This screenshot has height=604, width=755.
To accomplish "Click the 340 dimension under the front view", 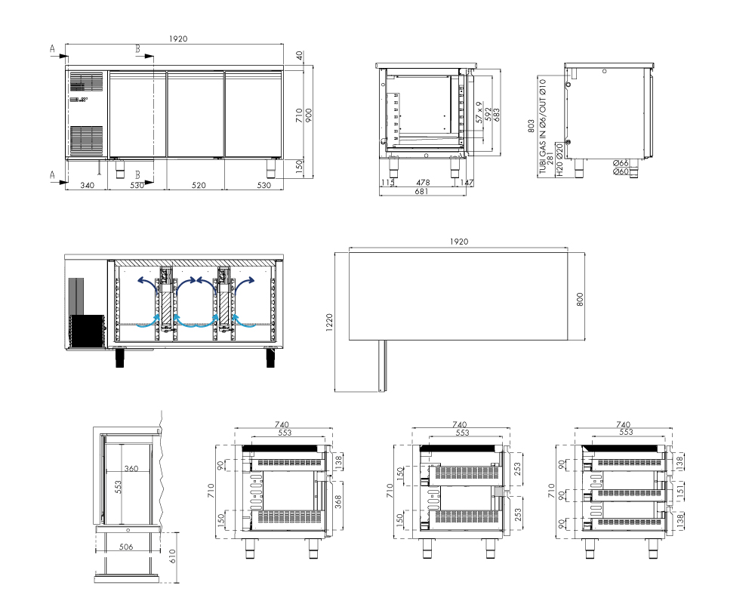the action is click(87, 185).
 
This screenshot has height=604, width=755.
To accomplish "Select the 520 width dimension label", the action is click(199, 185).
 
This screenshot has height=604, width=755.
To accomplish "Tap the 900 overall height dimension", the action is click(309, 115).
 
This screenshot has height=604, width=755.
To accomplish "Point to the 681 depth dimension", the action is click(421, 191).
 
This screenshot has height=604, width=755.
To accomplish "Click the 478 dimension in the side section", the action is click(423, 183).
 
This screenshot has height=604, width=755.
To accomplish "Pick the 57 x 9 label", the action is click(479, 112).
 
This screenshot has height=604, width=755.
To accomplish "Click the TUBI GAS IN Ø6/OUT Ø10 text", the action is click(543, 126).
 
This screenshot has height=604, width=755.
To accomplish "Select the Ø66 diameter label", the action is click(621, 163).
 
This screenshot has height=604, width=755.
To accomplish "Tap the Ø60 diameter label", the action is click(621, 171).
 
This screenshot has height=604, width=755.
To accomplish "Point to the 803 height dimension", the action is click(531, 126).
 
